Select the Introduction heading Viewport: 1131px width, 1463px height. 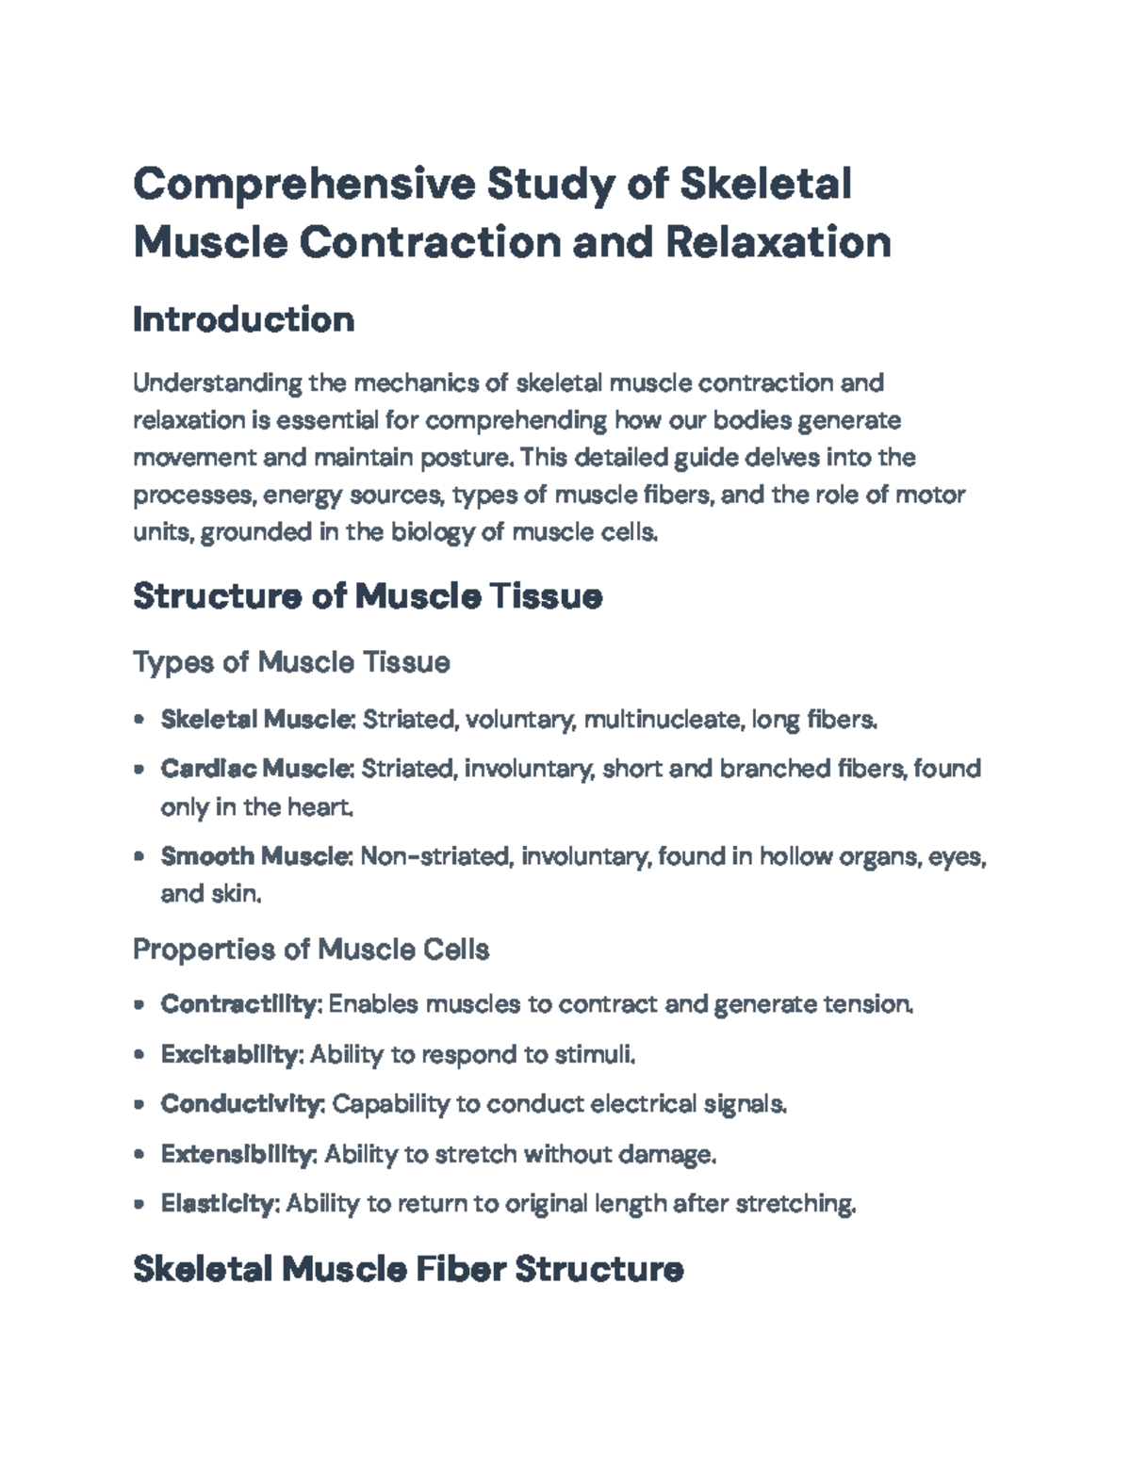(243, 319)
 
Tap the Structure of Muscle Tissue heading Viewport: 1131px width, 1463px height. (368, 595)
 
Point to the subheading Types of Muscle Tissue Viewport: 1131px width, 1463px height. (291, 662)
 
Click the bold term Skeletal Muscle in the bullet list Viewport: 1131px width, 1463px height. (254, 720)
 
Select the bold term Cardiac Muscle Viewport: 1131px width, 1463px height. (254, 769)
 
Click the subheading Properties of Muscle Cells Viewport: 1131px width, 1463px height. (311, 949)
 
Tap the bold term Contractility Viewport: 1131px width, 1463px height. (240, 1004)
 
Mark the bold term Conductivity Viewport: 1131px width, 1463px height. (241, 1104)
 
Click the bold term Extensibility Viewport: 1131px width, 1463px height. (238, 1154)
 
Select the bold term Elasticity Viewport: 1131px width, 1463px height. (219, 1204)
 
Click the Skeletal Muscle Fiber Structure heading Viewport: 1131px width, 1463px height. (408, 1269)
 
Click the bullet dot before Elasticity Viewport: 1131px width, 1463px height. (139, 1204)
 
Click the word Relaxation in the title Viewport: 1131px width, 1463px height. (778, 242)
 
